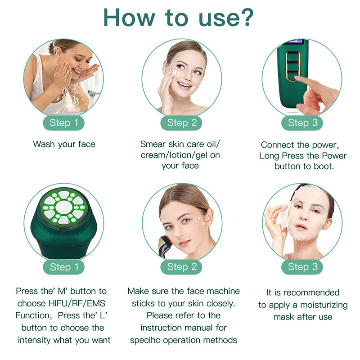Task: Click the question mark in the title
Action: coord(245,17)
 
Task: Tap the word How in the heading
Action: coord(129,18)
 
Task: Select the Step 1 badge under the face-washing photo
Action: coord(63,123)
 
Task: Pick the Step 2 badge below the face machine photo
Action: coord(181,267)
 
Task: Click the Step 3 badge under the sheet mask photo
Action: coord(302,267)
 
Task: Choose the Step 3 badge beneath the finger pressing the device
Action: coord(302,123)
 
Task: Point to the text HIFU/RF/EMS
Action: coord(77,303)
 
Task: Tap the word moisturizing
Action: coord(324,305)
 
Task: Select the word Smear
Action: coord(153,144)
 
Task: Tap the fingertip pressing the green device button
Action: coord(297,78)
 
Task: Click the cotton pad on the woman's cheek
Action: coord(172,73)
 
